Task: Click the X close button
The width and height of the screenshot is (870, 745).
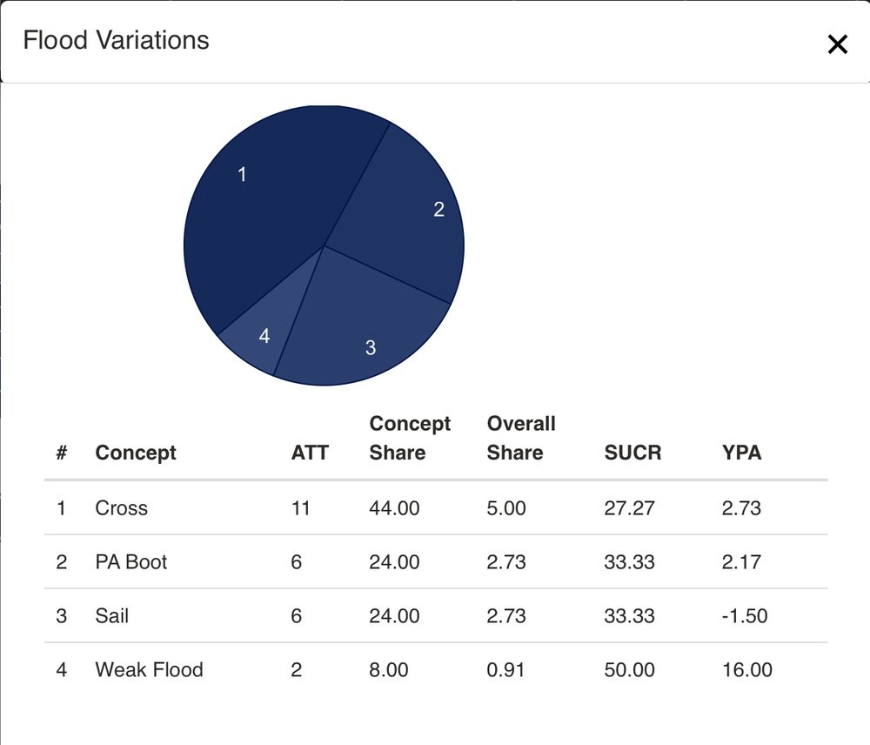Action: click(837, 44)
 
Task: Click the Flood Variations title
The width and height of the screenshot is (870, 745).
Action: click(116, 41)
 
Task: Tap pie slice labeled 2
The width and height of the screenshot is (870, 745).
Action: click(409, 218)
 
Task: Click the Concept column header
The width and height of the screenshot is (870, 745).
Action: click(136, 453)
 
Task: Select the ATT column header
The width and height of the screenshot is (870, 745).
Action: click(310, 453)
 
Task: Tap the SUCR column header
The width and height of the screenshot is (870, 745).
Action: click(632, 453)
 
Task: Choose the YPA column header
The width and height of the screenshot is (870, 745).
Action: click(741, 453)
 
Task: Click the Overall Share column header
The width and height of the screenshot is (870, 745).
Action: click(521, 438)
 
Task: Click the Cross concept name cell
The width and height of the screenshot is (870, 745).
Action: click(122, 508)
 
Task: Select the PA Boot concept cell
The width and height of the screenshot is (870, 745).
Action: click(131, 562)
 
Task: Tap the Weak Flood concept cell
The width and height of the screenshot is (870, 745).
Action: click(149, 670)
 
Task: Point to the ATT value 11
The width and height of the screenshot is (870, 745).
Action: click(301, 508)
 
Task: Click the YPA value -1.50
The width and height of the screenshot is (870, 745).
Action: click(745, 616)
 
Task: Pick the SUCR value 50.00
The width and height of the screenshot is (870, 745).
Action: click(629, 670)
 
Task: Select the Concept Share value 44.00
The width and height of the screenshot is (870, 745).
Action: click(394, 508)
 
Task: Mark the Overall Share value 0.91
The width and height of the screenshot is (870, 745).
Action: click(506, 670)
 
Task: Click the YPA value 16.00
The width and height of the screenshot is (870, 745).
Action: click(746, 670)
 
